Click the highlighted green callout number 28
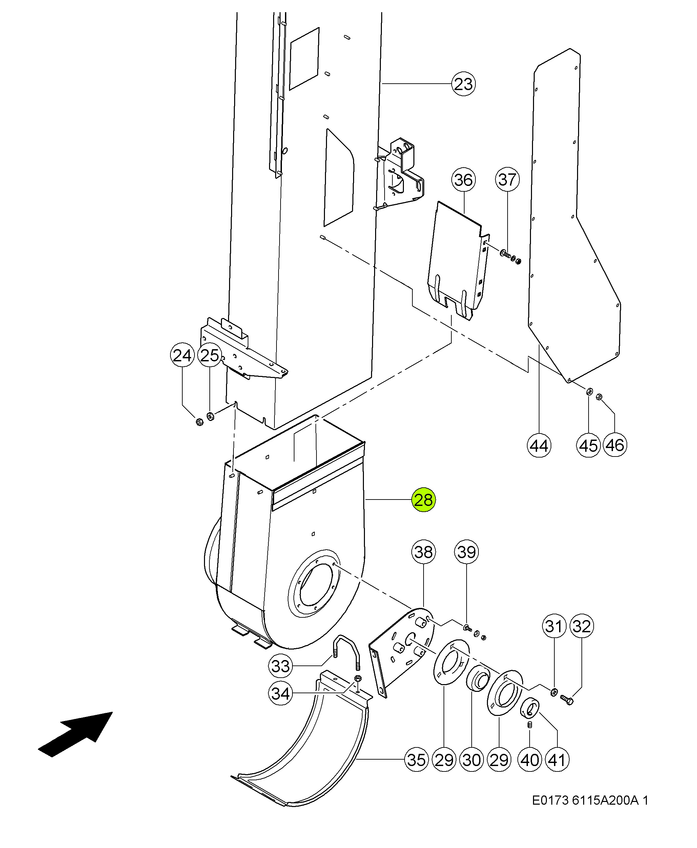click(x=424, y=500)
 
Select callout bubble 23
click(x=464, y=84)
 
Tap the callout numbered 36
click(x=464, y=180)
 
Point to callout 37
click(x=508, y=179)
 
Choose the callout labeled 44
click(x=539, y=445)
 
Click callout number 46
click(x=615, y=445)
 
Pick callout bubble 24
click(x=182, y=355)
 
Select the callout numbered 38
click(x=424, y=552)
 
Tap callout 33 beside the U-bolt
click(x=280, y=666)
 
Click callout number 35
click(x=416, y=760)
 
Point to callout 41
click(x=557, y=760)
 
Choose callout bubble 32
click(x=581, y=626)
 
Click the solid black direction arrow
click(x=76, y=735)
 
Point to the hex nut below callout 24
click(x=199, y=421)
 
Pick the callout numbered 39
click(x=467, y=552)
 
